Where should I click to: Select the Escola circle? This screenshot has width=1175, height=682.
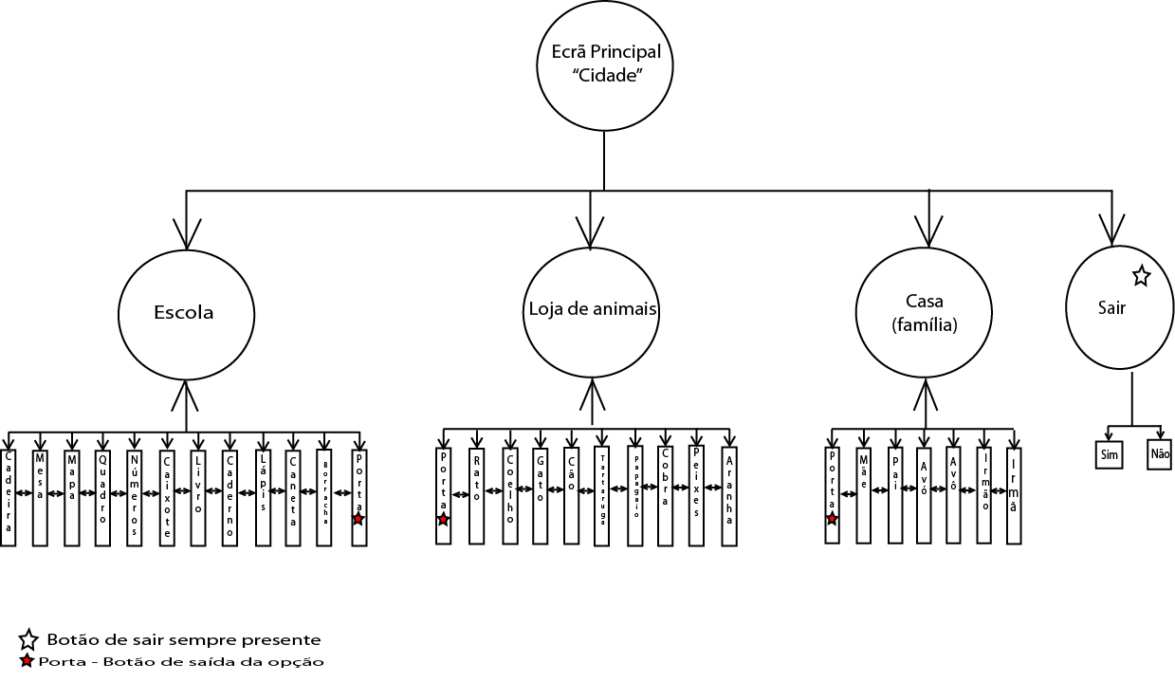(x=185, y=313)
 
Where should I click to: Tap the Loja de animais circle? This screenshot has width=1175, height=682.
(x=592, y=310)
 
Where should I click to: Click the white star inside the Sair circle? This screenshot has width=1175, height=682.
(x=1141, y=276)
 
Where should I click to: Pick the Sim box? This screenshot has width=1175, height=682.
(x=1110, y=454)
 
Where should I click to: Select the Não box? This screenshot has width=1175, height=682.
(x=1160, y=454)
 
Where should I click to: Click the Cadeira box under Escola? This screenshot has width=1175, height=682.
(x=9, y=498)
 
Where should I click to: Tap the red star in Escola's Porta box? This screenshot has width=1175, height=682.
(x=358, y=518)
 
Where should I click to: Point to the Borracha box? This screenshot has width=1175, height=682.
(x=324, y=498)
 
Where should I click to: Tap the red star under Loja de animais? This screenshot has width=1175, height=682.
(x=443, y=519)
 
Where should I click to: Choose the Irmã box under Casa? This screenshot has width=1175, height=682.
(x=1014, y=495)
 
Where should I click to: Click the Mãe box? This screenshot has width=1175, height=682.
(x=863, y=495)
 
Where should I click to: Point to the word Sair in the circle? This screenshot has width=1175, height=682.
(x=1111, y=308)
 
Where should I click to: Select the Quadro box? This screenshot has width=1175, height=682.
(x=102, y=498)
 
